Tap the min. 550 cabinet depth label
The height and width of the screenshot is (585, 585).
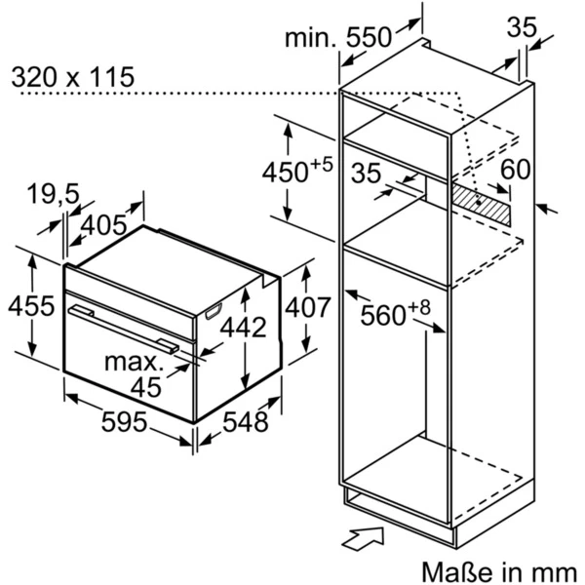point(338,38)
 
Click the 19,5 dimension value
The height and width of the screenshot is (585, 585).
point(53,194)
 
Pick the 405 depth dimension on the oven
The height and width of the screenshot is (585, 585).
point(104,226)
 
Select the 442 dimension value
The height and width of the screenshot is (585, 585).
point(240,328)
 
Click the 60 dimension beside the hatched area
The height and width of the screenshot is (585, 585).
point(516,169)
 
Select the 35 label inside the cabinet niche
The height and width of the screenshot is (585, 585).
point(366,174)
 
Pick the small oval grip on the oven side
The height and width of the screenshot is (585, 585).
point(214,312)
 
